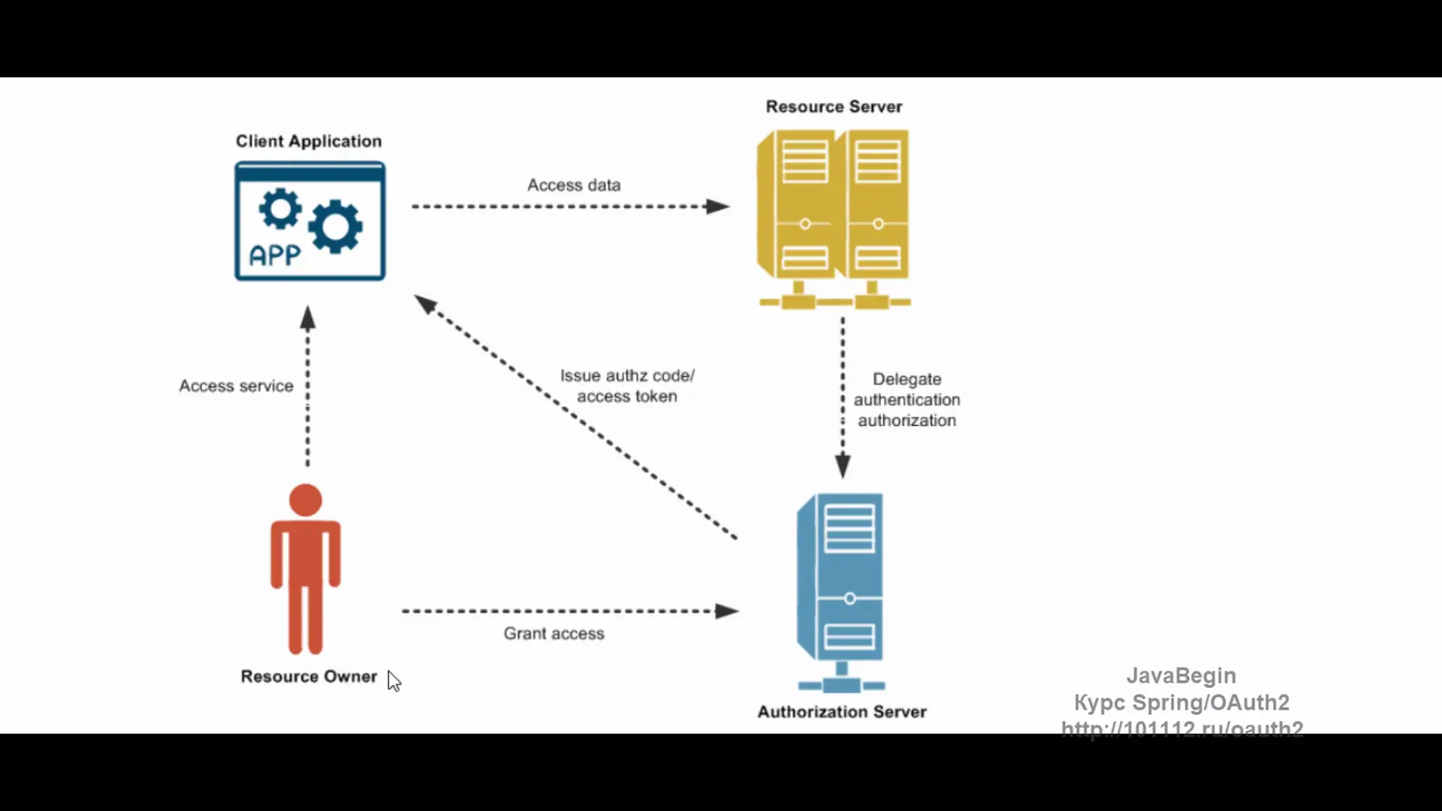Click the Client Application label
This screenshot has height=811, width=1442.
(x=309, y=141)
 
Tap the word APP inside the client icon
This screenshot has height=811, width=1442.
(x=275, y=256)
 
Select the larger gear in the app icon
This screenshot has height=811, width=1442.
(x=335, y=226)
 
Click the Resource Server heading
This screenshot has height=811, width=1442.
(x=834, y=107)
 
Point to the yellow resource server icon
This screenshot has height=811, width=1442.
(x=834, y=218)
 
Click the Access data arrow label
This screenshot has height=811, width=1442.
(x=574, y=185)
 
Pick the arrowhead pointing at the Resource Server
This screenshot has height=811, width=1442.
(x=718, y=207)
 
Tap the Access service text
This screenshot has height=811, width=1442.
(x=236, y=386)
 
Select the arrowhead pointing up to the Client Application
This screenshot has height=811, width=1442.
(x=308, y=318)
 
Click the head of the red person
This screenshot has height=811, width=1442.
(x=306, y=500)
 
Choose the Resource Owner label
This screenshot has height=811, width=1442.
(x=309, y=677)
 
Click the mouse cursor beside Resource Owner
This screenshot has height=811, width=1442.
(x=394, y=680)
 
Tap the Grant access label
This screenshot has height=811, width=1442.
(x=554, y=634)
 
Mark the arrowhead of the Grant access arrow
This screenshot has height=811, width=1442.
(x=727, y=611)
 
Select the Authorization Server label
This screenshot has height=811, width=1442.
(x=842, y=712)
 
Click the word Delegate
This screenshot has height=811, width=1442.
(x=907, y=379)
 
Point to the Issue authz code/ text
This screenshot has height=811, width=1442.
(x=627, y=375)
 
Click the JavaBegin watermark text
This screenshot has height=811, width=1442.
(x=1181, y=676)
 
